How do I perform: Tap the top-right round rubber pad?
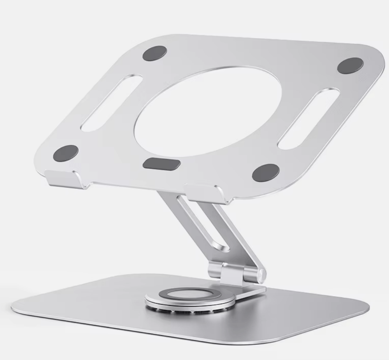coord(350,65)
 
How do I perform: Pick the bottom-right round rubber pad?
coord(265,172)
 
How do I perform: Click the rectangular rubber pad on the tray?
coord(161,164)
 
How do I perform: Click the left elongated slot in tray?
coord(111,103)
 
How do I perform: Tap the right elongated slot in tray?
coord(309,118)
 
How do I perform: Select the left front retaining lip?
coord(65,179)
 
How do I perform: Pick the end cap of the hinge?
coord(262,274)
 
